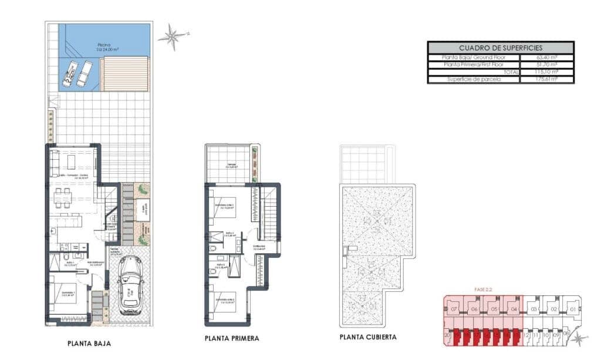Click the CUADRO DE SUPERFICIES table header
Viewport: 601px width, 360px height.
[x=500, y=48]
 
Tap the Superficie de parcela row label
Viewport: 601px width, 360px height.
[x=474, y=79]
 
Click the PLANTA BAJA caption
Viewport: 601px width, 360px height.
[x=89, y=344]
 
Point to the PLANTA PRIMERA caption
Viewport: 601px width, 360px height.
[x=232, y=339]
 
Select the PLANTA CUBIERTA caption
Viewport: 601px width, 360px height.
[x=368, y=337]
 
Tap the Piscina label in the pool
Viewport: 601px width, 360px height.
[x=104, y=44]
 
